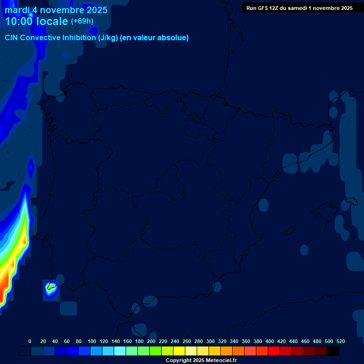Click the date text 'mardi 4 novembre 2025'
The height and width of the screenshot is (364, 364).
point(56,10)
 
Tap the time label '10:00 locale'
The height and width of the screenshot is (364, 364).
point(36,21)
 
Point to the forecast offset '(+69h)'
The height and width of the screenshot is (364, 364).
point(82,21)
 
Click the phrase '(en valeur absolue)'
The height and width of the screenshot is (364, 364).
point(155,38)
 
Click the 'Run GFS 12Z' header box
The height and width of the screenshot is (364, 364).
point(299,8)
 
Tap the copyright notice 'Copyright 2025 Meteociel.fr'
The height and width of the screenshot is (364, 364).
point(201,361)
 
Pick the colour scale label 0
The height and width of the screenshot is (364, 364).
point(30,341)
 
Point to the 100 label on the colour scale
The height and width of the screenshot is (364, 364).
point(92,341)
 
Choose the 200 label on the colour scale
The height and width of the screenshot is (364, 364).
point(151,341)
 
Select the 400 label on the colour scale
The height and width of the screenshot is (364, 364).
point(270,341)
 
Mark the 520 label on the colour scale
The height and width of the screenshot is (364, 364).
point(341,341)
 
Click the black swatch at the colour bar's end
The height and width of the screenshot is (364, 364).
point(333,351)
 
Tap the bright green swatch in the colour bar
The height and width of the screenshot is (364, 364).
point(155,351)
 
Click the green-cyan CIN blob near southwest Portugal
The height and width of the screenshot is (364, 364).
point(51,287)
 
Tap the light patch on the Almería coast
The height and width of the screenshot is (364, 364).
point(217,287)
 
